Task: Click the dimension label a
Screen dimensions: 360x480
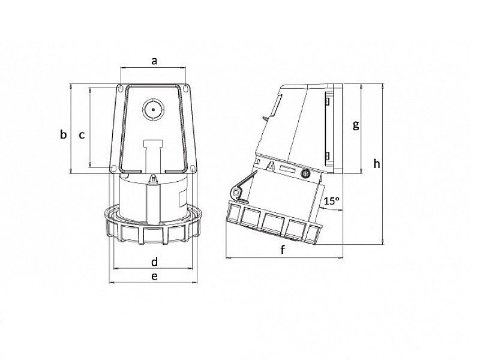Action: (154, 61)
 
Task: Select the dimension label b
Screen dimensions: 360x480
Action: (63, 135)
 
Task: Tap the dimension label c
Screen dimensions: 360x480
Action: (82, 135)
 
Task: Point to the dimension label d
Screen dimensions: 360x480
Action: (154, 262)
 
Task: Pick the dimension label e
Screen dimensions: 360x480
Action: (154, 276)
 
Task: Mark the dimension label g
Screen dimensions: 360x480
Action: (356, 125)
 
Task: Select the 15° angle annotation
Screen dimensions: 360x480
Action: (331, 202)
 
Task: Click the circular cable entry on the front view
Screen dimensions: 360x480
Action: (153, 110)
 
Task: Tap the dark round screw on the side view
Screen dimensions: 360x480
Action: (305, 175)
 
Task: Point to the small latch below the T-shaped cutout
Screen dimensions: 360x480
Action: (155, 179)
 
